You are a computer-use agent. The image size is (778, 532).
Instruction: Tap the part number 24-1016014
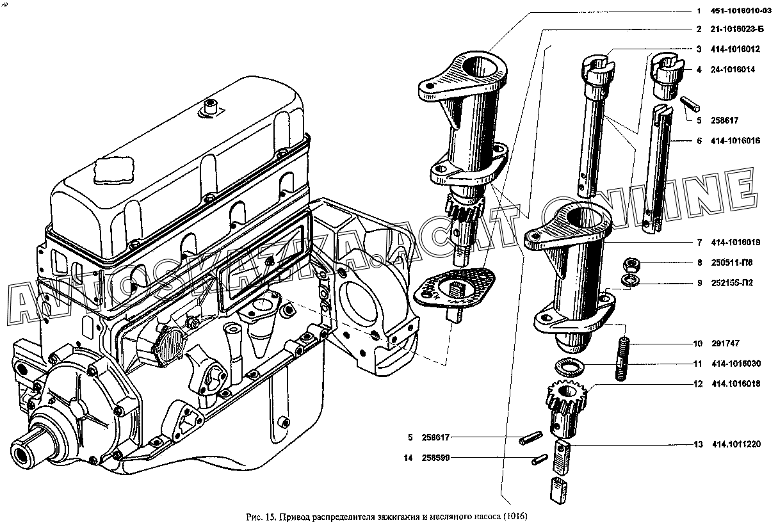(733, 69)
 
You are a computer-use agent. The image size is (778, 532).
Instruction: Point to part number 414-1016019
(736, 243)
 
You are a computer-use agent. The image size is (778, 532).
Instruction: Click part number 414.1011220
(736, 444)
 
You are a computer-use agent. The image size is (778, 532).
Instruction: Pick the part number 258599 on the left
(436, 458)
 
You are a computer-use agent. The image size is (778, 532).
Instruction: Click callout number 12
(697, 384)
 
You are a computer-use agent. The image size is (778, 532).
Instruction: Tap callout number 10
(697, 343)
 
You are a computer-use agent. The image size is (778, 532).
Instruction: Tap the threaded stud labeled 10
(623, 359)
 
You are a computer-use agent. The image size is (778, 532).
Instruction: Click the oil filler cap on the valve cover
(113, 170)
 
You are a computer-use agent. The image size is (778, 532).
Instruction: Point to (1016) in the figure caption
(515, 517)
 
